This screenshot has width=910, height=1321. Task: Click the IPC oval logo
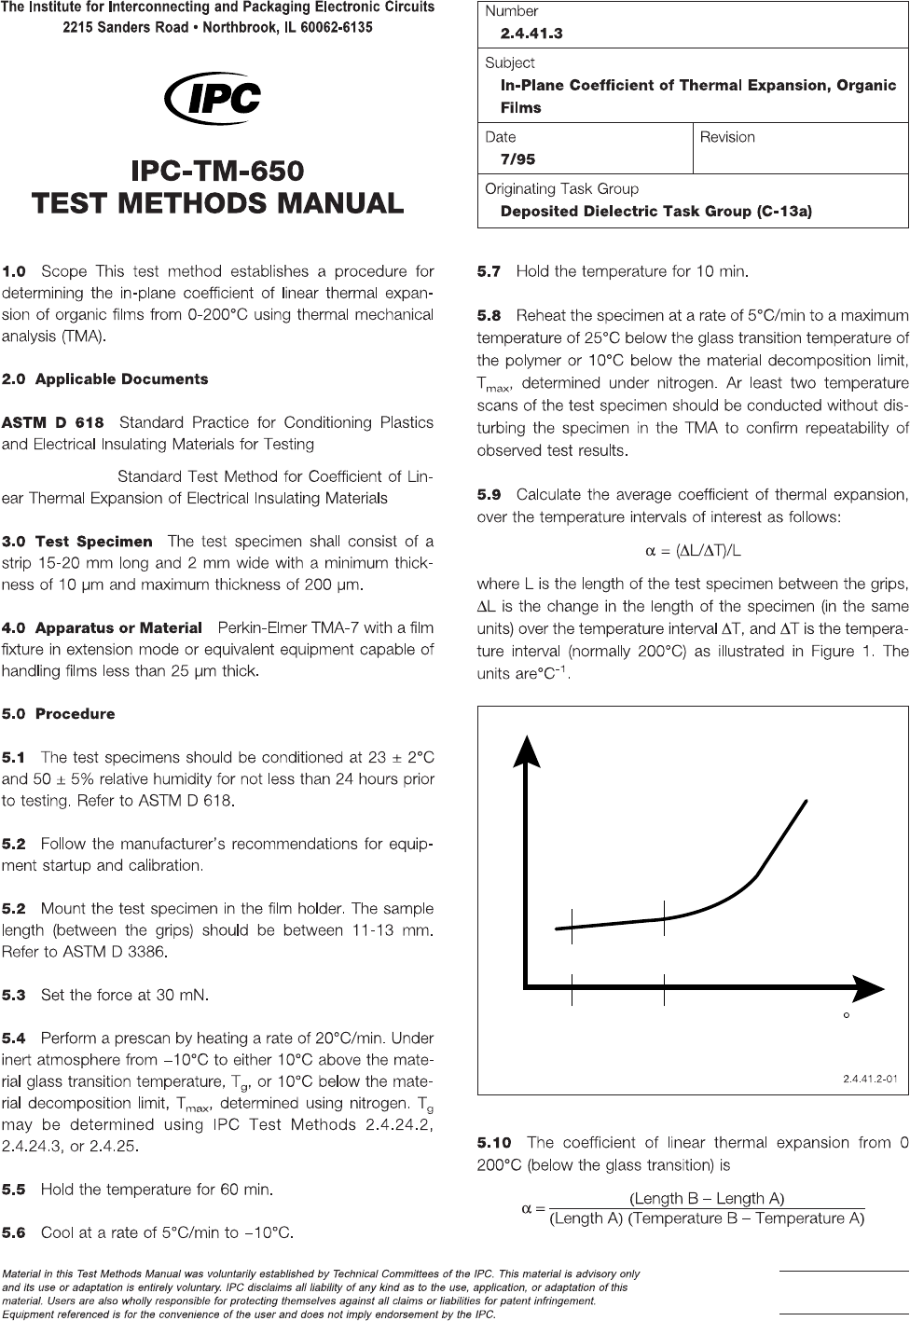click(213, 97)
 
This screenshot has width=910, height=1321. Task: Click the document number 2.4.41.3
click(531, 34)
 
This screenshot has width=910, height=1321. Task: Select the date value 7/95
click(517, 159)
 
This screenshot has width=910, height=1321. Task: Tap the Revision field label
click(727, 137)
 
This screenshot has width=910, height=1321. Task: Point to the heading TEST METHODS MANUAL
click(217, 202)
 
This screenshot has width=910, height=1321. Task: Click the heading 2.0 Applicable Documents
click(104, 379)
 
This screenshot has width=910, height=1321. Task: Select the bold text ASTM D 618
click(53, 422)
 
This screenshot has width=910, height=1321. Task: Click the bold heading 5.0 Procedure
click(58, 714)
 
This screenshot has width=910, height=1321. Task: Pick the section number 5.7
click(489, 272)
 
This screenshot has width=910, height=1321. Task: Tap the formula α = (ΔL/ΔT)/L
click(694, 550)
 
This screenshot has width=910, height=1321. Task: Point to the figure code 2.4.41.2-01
click(870, 1080)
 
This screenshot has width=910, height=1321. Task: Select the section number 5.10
click(494, 1142)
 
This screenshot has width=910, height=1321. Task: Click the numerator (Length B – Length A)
click(707, 1198)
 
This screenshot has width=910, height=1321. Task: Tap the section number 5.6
click(14, 1232)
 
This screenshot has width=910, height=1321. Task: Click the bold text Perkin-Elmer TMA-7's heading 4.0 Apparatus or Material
click(102, 627)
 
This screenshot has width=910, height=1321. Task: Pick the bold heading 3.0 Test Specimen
click(77, 541)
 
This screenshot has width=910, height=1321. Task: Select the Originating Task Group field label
click(561, 188)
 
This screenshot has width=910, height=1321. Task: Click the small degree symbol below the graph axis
click(846, 1015)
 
